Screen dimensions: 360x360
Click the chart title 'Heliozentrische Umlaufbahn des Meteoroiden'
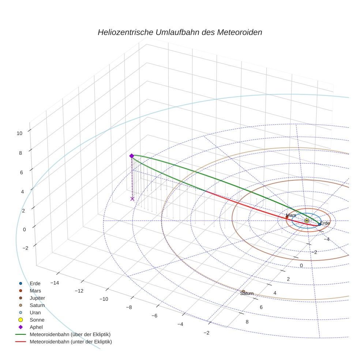pos(180,32)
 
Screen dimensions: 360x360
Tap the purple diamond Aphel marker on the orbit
pos(131,156)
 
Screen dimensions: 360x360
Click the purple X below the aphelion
pos(132,199)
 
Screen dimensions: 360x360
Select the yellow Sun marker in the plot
pos(307,221)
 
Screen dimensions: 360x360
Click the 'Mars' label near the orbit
pos(291,215)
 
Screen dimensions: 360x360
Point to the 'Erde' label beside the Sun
pos(325,223)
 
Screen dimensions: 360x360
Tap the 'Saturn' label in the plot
pos(247,293)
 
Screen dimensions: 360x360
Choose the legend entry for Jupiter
pos(37,298)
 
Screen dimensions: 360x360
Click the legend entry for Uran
pos(35,313)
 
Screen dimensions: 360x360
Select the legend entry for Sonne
pos(37,320)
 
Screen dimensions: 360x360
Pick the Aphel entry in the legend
pos(36,327)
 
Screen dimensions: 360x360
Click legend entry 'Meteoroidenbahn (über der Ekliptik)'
pos(70,334)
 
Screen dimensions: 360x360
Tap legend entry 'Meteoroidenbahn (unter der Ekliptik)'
pos(71,342)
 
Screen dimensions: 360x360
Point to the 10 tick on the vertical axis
pos(19,133)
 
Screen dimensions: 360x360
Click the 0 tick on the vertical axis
pos(24,229)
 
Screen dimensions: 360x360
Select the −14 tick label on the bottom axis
pos(55,283)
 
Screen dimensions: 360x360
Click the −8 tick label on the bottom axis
pos(129,307)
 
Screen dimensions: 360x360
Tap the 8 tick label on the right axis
pos(247,322)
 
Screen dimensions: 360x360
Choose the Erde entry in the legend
pos(35,284)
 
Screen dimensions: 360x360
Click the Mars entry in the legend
pos(35,291)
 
